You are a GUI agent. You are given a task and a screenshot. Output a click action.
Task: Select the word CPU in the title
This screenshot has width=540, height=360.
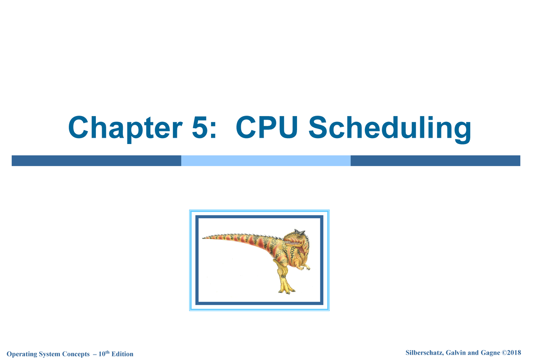click(x=267, y=128)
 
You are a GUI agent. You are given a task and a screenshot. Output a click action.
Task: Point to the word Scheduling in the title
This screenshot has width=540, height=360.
click(x=389, y=129)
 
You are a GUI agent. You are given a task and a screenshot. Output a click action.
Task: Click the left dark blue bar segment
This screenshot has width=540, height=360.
click(x=96, y=161)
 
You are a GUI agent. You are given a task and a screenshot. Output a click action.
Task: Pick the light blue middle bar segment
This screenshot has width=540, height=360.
click(x=265, y=161)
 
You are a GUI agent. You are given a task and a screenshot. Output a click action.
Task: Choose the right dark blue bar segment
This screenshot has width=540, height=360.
click(x=435, y=161)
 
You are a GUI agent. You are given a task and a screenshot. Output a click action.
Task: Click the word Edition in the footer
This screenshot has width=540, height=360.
click(x=122, y=354)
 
